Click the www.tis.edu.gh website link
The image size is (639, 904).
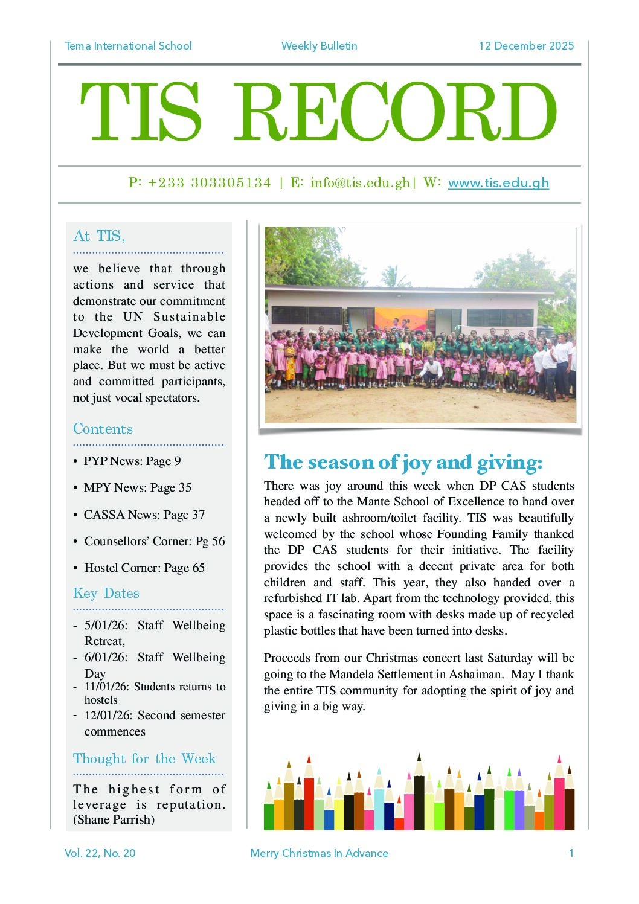498,183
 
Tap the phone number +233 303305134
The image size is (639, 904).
209,183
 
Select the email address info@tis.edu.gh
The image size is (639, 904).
360,183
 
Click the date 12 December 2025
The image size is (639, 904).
525,46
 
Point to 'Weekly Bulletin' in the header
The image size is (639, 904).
319,46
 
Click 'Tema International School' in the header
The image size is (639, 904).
128,46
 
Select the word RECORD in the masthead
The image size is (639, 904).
395,112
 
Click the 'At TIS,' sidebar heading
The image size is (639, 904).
99,236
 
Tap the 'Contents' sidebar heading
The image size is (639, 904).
103,429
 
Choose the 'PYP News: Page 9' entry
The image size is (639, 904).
132,461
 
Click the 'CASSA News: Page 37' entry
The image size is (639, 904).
144,515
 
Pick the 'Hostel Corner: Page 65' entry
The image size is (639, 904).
144,568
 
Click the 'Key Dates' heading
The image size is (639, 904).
106,593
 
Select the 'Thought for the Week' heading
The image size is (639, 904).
144,758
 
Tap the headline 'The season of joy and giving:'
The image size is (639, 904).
403,462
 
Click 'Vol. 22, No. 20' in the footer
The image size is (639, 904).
100,853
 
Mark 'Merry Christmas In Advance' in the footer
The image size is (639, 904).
319,853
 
